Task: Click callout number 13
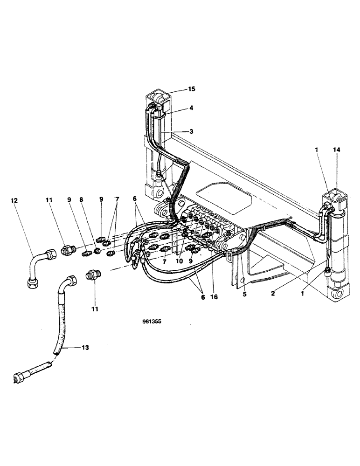click(x=86, y=347)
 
